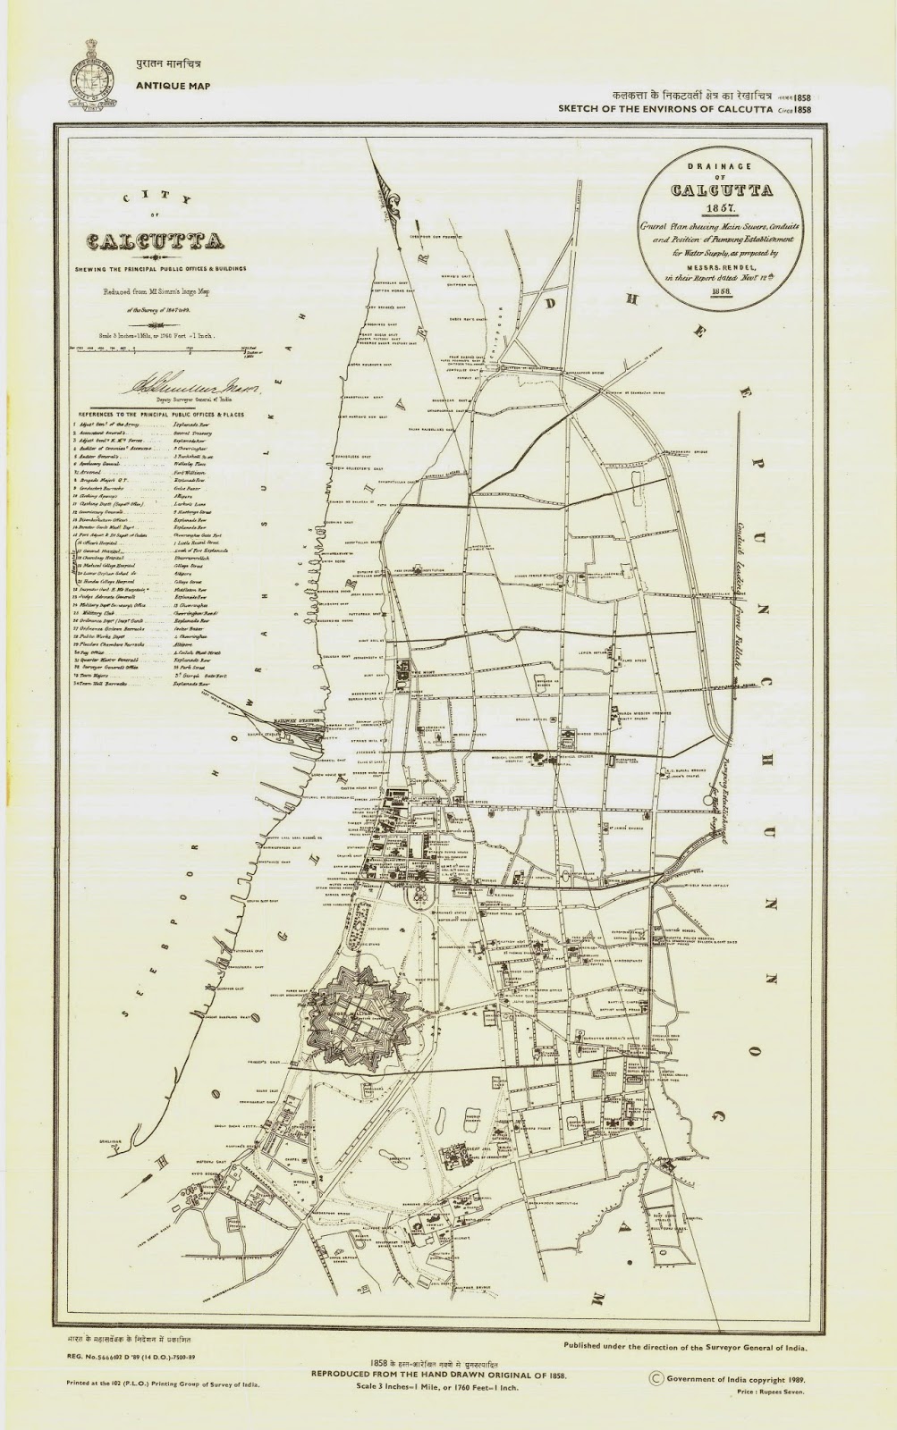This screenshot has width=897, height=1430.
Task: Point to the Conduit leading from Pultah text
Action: pos(741,590)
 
